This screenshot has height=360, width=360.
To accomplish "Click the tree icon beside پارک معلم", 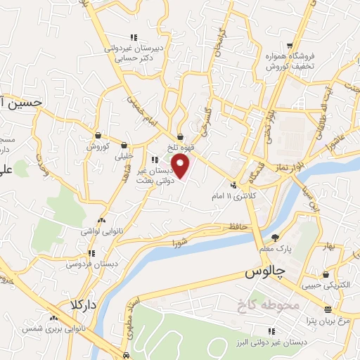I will (275, 237).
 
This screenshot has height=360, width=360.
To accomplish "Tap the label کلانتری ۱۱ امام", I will (233, 195).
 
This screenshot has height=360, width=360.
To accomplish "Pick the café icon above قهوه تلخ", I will (181, 137).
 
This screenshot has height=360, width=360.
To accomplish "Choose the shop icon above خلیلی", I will (124, 146).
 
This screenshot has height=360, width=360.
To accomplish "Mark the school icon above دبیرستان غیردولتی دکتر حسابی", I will (134, 37).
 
